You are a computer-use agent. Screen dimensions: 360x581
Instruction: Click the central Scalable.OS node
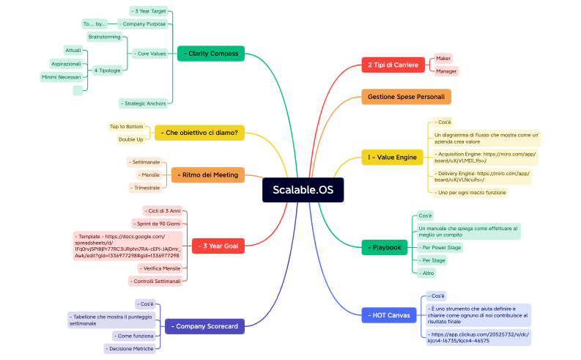click(303, 190)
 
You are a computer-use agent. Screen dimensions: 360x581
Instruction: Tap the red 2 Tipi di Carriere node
click(393, 65)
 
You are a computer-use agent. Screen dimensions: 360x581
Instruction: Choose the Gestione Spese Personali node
click(406, 97)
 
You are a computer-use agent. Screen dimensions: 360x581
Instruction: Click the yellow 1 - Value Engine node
click(393, 157)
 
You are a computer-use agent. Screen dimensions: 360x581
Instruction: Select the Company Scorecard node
click(201, 326)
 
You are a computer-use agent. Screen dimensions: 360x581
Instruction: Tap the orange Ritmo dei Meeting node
click(208, 175)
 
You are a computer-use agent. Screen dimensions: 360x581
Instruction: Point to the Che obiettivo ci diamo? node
click(200, 133)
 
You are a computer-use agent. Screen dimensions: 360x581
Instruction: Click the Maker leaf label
click(443, 58)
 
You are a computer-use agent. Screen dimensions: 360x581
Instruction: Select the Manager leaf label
click(446, 71)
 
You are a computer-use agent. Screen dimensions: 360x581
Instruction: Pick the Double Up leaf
click(131, 139)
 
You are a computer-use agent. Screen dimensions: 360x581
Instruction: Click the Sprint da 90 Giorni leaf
click(157, 223)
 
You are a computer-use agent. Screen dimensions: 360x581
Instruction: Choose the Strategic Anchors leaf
click(144, 103)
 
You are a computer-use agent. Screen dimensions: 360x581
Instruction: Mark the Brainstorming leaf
click(103, 36)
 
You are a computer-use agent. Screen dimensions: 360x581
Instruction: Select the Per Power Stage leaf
click(440, 248)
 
